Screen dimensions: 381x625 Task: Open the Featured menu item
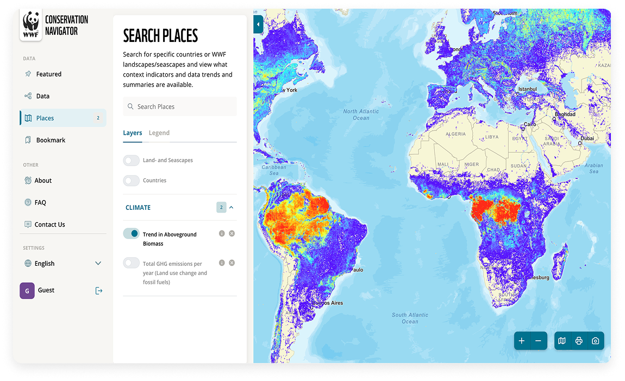pyautogui.click(x=48, y=74)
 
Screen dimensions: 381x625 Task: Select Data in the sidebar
pyautogui.click(x=42, y=96)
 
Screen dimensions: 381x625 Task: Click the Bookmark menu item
pyautogui.click(x=51, y=140)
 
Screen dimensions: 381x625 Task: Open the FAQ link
pyautogui.click(x=40, y=203)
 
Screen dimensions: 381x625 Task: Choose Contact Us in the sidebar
pyautogui.click(x=49, y=224)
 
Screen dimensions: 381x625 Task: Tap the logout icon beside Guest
pyautogui.click(x=98, y=291)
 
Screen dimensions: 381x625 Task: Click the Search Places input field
pyautogui.click(x=180, y=107)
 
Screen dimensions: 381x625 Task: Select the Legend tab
pyautogui.click(x=159, y=133)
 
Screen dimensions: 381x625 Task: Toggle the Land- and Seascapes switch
pyautogui.click(x=132, y=160)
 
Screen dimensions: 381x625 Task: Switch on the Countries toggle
pyautogui.click(x=132, y=180)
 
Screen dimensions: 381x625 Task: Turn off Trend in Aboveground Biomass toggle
pyautogui.click(x=132, y=234)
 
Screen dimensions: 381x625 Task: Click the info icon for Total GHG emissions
pyautogui.click(x=222, y=263)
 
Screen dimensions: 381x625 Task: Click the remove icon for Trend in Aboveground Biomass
pyautogui.click(x=232, y=234)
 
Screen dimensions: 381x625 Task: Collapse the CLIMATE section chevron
pyautogui.click(x=232, y=208)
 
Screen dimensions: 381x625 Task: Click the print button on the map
pyautogui.click(x=579, y=341)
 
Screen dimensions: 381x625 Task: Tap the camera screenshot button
pyautogui.click(x=595, y=341)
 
